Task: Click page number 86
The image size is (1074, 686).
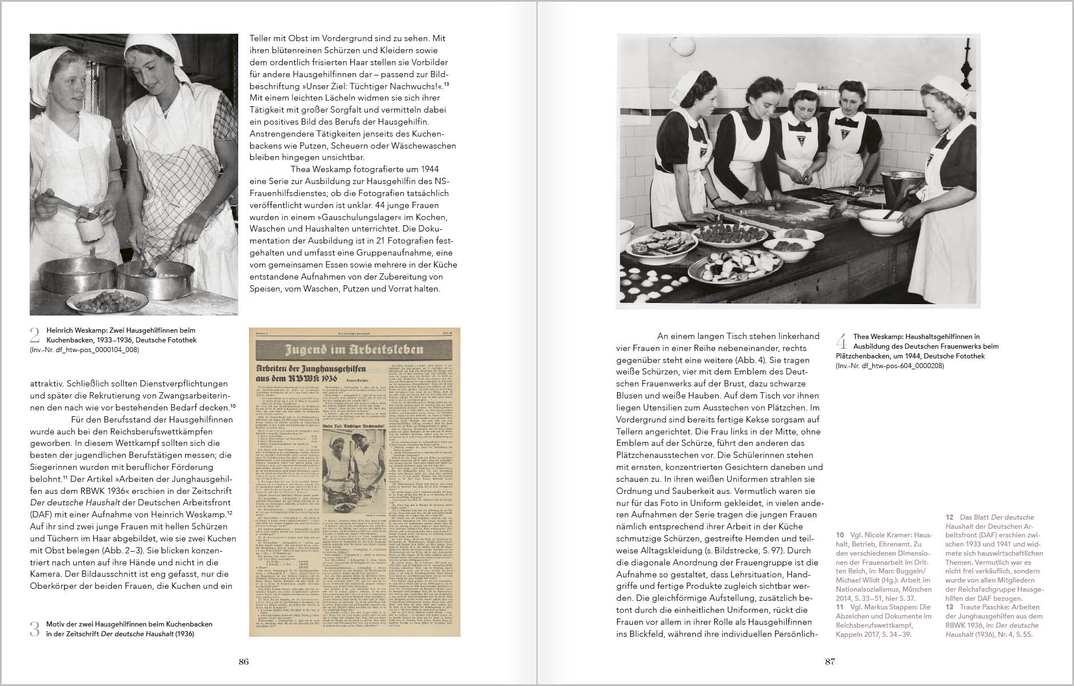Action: (244, 662)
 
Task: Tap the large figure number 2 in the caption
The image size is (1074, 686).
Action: (35, 336)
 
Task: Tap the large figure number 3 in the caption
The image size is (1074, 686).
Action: (35, 629)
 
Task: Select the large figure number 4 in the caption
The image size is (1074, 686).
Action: (841, 342)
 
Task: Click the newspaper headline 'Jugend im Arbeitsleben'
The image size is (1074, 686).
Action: (355, 349)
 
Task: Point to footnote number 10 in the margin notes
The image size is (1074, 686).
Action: (840, 535)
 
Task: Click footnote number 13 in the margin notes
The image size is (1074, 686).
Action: (949, 607)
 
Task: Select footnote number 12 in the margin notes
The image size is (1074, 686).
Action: (949, 517)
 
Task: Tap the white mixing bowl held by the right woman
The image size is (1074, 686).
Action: (883, 222)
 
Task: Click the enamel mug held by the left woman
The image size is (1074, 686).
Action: (89, 225)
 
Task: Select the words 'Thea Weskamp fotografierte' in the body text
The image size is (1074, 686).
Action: (348, 169)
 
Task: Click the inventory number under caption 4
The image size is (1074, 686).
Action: (889, 366)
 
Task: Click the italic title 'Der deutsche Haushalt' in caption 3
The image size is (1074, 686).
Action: (137, 634)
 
